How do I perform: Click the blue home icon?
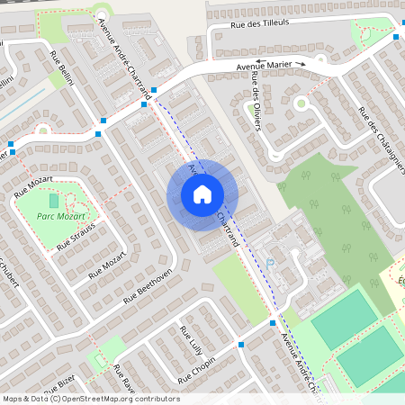202,194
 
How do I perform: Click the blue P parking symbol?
269,265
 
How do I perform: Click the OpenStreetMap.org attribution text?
119,399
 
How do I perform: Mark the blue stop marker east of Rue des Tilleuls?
395,37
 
